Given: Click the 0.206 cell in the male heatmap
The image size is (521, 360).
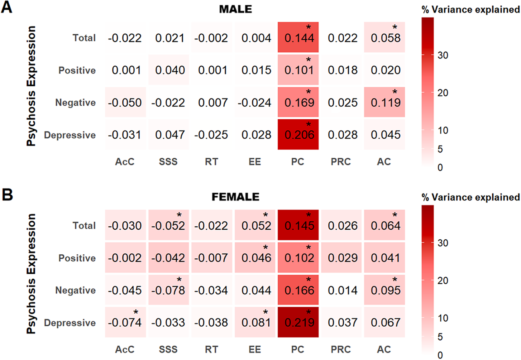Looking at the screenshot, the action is coord(298,134).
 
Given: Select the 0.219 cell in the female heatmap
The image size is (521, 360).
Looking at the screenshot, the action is coord(298,322).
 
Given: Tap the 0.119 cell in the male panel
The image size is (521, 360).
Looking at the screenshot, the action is coord(384,102).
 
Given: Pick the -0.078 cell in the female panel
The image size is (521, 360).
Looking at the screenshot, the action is coord(169,290).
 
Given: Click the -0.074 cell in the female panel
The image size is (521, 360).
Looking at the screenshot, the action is coord(125,322).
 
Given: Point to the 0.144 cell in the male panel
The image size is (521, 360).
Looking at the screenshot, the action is coord(298,37).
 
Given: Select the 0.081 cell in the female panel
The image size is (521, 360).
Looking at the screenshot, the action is coord(255,322).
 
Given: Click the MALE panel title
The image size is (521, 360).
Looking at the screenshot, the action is coord(235,9).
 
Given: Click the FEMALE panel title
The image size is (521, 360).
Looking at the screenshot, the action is coord(235,197).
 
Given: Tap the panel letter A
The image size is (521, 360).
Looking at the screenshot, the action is coord(6,7).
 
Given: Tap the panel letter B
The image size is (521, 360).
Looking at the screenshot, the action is coord(7,195).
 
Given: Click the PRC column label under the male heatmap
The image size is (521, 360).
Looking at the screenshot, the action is coord(341,162).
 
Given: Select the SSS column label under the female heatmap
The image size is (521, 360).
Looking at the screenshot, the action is coord(168,349).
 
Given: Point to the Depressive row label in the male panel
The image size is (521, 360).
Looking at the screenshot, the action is coord(70,135).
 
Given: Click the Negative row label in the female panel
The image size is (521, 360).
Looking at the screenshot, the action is coord(75,290).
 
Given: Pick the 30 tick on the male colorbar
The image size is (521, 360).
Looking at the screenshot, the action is coord(443,56).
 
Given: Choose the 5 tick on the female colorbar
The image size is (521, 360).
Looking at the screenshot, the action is coord(440,337).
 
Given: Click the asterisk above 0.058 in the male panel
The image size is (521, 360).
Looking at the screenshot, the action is coord(395,27).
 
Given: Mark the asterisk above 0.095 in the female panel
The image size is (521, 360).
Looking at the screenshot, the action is coord(395,280).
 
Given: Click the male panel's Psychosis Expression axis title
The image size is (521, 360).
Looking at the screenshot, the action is coord(31,86).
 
